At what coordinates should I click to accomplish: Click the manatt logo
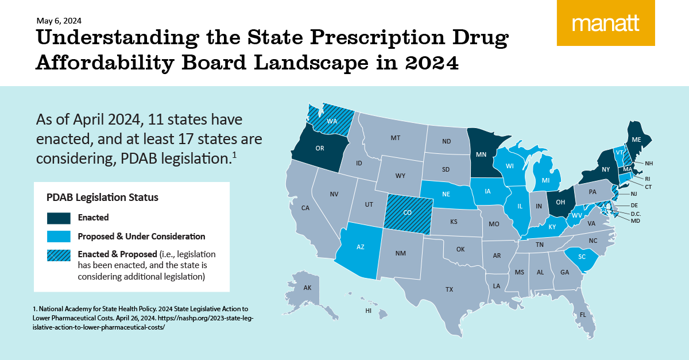606,23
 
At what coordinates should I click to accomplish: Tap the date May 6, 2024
59,21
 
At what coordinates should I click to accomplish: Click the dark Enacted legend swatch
59,218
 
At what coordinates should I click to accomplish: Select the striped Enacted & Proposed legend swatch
59,256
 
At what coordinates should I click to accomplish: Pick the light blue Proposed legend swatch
59,237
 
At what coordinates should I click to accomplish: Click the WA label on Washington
332,121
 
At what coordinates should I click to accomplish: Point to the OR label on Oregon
320,148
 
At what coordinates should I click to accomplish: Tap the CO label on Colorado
407,212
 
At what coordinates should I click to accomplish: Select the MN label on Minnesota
481,154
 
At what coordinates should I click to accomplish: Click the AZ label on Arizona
360,247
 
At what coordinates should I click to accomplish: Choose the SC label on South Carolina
582,257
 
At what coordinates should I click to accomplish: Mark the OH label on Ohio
560,202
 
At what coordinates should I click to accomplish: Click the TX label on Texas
449,289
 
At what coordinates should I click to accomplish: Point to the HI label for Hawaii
368,311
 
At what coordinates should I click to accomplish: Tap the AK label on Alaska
307,288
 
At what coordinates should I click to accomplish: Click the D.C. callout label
636,214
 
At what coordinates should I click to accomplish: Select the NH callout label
649,164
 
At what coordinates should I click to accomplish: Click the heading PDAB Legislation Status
102,198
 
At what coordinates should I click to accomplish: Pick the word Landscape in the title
311,63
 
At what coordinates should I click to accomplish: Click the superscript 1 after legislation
234,155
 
